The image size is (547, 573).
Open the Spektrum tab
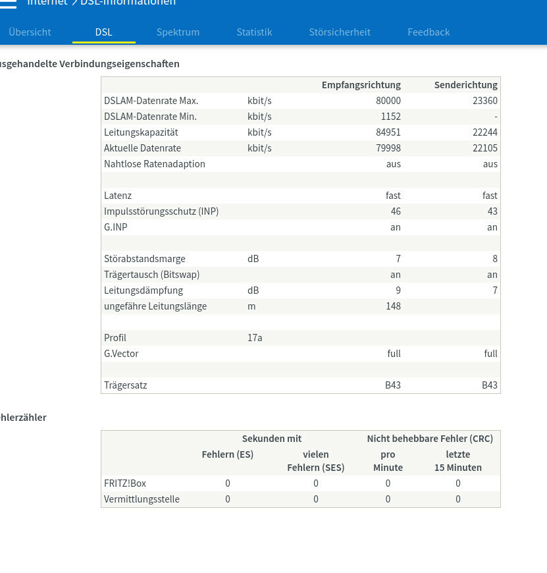pos(178,32)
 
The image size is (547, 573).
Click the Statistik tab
pos(254,32)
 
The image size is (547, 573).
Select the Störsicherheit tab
pos(340,32)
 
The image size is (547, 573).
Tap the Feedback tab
pos(429,32)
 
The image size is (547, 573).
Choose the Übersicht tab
pos(30,32)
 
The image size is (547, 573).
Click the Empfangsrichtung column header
pos(361,85)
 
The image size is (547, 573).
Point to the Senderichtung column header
pos(466,85)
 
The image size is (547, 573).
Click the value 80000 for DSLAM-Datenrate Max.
pos(388,101)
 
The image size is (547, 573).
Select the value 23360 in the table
pos(485,101)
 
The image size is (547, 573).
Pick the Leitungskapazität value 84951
pos(388,132)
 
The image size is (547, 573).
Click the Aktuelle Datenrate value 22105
pos(485,148)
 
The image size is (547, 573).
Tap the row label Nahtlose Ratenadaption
pos(155,164)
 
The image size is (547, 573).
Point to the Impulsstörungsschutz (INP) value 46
pos(396,211)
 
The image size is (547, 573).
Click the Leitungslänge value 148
pos(393,306)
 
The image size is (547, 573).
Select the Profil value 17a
pos(255,338)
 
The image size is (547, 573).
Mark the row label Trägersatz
pos(126,385)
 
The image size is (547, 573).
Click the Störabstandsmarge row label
pos(145,259)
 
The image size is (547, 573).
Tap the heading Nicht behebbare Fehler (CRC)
pos(430,439)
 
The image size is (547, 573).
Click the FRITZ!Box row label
pos(125,483)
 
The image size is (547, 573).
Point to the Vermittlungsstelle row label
pos(142,499)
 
